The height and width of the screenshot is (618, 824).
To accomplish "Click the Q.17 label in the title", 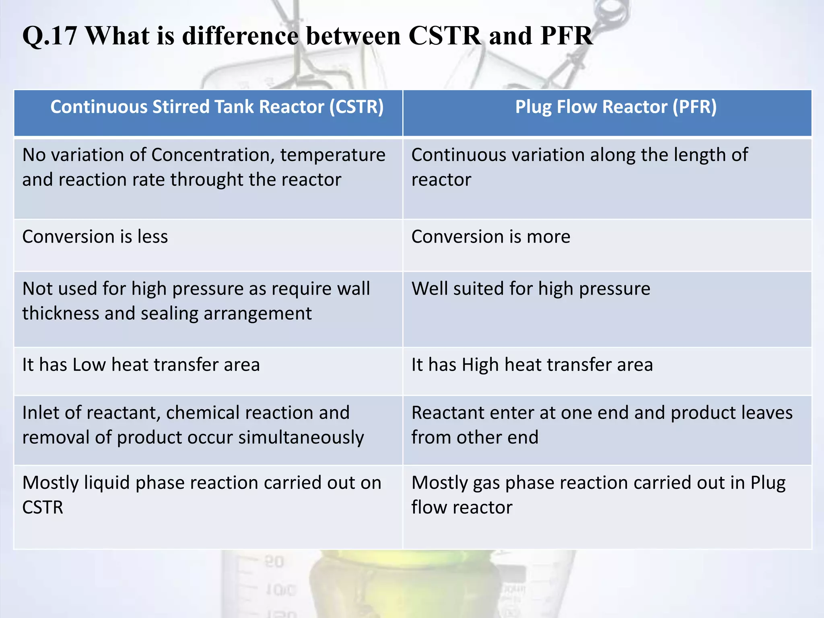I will tap(49, 36).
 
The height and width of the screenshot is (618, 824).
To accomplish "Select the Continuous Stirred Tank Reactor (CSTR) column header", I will tap(217, 107).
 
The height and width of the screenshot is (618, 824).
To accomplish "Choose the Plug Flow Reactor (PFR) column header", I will tap(616, 107).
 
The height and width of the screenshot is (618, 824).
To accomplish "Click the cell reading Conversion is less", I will tap(95, 237).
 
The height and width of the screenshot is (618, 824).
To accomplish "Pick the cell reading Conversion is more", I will tap(490, 237).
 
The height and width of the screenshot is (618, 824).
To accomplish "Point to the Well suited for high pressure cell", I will tap(530, 289).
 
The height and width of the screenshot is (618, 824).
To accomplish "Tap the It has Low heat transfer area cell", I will tap(141, 365).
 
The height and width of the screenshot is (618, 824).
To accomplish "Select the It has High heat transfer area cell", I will tap(532, 365).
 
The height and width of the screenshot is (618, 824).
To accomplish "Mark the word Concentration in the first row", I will tap(213, 155).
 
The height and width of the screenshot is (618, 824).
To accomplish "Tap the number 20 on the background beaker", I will tap(274, 562).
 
